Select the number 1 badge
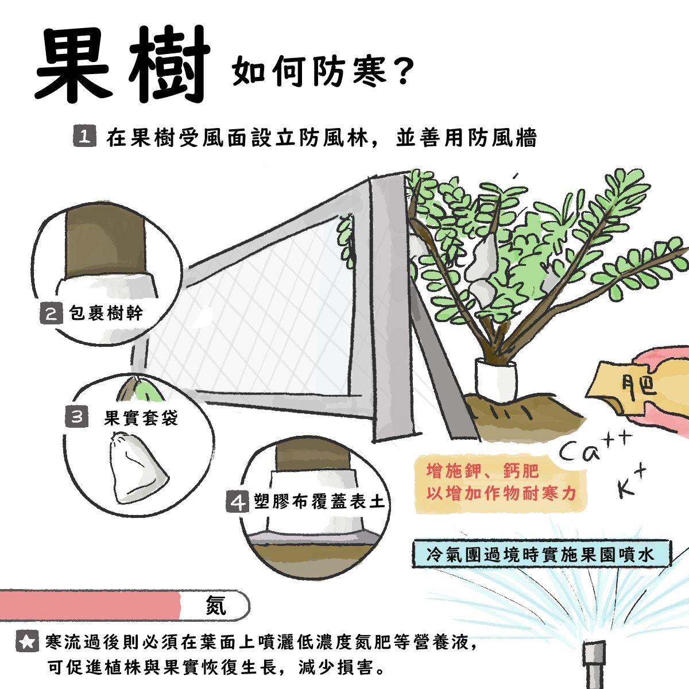pyautogui.click(x=85, y=136)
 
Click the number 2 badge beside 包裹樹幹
pyautogui.click(x=51, y=313)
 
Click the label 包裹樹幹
pyautogui.click(x=106, y=313)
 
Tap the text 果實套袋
pyautogui.click(x=141, y=417)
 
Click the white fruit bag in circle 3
pyautogui.click(x=138, y=469)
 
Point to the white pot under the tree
pyautogui.click(x=496, y=378)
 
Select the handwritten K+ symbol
pyautogui.click(x=632, y=483)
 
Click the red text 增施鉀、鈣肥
pyautogui.click(x=482, y=471)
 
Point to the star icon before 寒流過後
pyautogui.click(x=28, y=642)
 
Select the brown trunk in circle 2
pyautogui.click(x=106, y=246)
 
